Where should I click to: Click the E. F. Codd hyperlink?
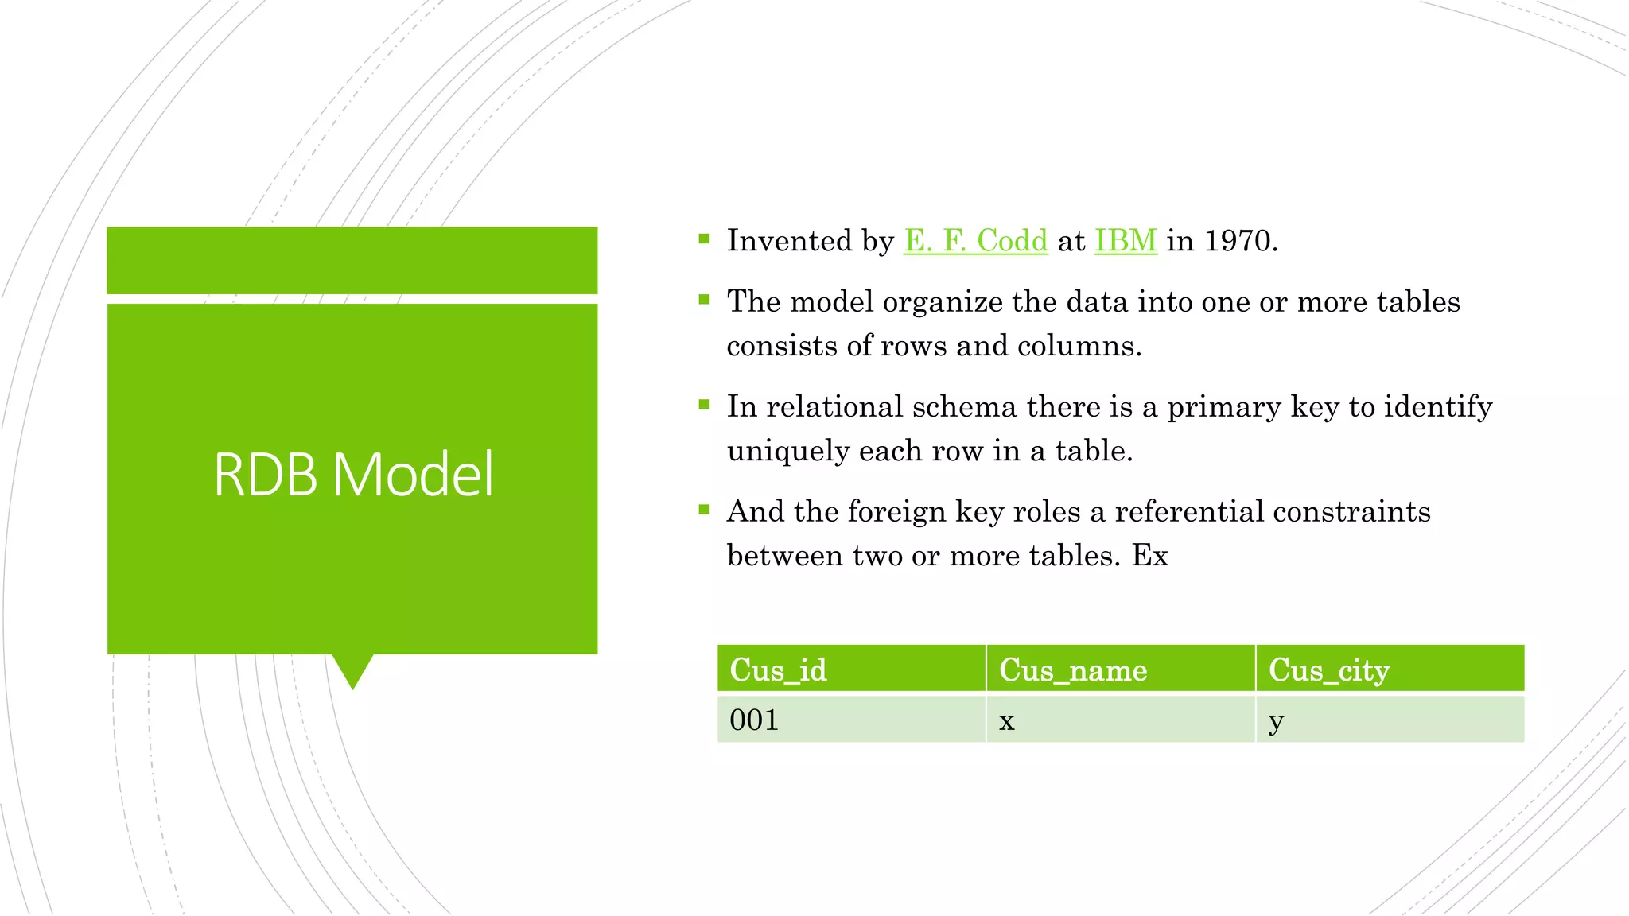(x=975, y=241)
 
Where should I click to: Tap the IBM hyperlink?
(x=1125, y=241)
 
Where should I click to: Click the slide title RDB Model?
(x=353, y=475)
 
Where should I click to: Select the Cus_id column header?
(x=778, y=670)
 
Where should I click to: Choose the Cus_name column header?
(x=1072, y=670)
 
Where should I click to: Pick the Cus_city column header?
(x=1328, y=670)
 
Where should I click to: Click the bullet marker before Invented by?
(x=703, y=239)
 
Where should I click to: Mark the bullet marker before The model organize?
(x=703, y=300)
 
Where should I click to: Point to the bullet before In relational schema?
(x=703, y=405)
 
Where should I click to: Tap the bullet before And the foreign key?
(x=703, y=510)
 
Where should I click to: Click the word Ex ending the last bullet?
(x=1149, y=556)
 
